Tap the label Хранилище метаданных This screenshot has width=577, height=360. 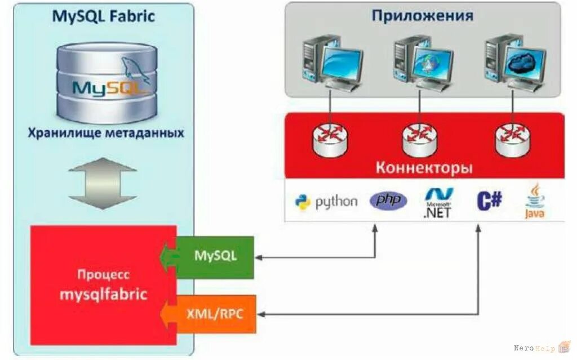point(106,134)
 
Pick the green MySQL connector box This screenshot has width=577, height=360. point(215,256)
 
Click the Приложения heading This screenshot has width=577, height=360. point(422,15)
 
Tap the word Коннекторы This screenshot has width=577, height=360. point(424,167)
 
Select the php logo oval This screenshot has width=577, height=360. point(388,201)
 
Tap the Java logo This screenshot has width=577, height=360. point(535,201)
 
